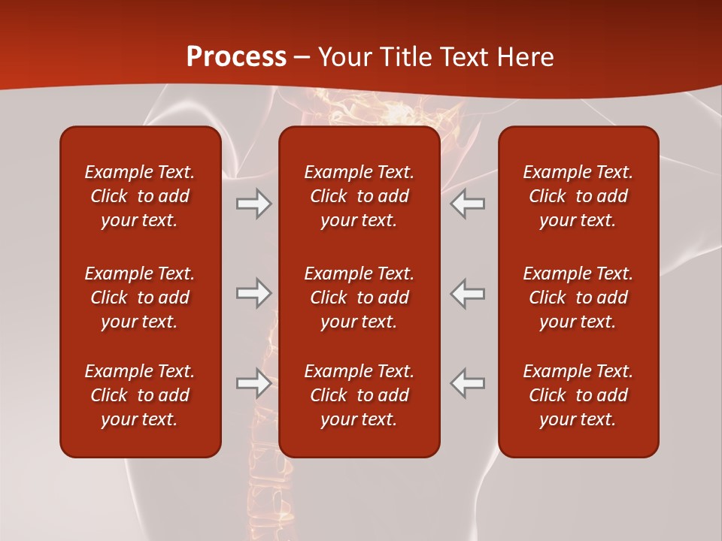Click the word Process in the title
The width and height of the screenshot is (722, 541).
236,57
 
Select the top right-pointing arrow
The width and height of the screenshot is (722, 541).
253,204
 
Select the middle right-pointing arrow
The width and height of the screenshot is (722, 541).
253,293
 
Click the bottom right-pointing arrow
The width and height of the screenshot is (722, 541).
253,383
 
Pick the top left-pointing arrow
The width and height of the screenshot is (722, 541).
468,204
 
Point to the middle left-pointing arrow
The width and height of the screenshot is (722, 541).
468,293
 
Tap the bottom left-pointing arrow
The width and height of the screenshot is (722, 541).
468,383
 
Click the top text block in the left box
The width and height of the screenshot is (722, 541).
140,196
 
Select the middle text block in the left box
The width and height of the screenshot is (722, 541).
140,298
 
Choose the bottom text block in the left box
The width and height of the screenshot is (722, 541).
140,395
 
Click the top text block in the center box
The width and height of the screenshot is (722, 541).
359,196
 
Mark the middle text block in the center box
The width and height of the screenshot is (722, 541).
359,298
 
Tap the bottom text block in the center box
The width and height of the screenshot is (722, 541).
359,395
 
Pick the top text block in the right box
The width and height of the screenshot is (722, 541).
578,196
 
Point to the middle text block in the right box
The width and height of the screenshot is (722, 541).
578,298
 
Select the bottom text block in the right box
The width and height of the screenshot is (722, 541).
578,395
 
